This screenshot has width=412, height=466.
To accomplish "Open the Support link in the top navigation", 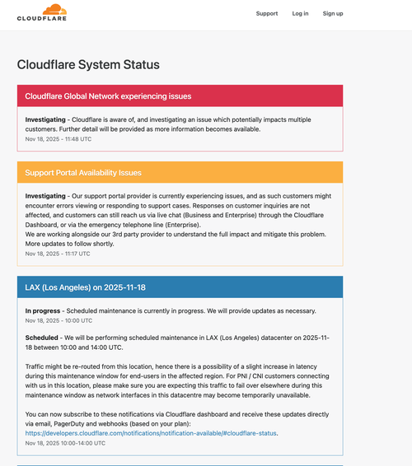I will point(267,13).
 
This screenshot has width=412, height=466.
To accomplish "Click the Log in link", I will point(300,13).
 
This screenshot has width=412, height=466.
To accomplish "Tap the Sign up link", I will point(333,13).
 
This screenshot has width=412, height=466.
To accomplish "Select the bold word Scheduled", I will point(41,338).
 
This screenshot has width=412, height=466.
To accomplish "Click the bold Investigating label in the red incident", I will point(50,119).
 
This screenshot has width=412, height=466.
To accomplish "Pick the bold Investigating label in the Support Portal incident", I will point(50,196).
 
